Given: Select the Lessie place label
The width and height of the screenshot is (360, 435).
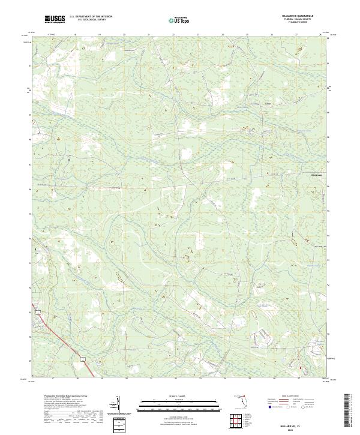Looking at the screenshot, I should pyautogui.click(x=268, y=103).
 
